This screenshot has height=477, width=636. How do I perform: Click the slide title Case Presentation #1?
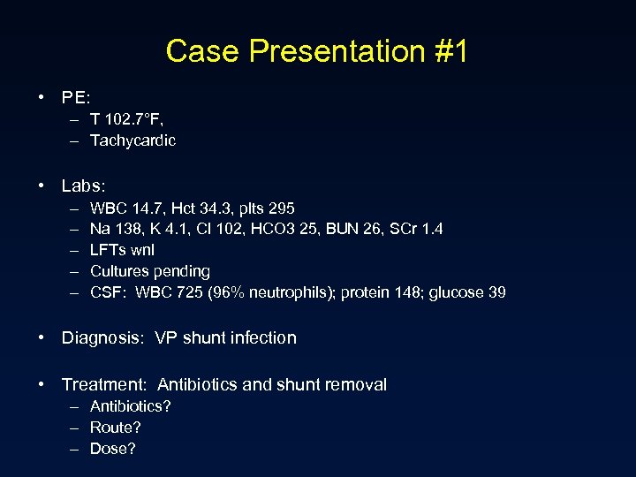pos(317,51)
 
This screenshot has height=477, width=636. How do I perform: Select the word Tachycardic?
pos(132,140)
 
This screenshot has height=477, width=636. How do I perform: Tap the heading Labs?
pos(83,185)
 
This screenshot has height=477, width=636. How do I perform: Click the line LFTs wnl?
pos(122,250)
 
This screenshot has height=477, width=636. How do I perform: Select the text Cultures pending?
pos(150,271)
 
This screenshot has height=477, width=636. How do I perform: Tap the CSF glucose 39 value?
pos(467,292)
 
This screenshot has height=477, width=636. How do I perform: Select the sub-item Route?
pos(116,428)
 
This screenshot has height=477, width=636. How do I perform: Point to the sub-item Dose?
pos(113,449)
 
